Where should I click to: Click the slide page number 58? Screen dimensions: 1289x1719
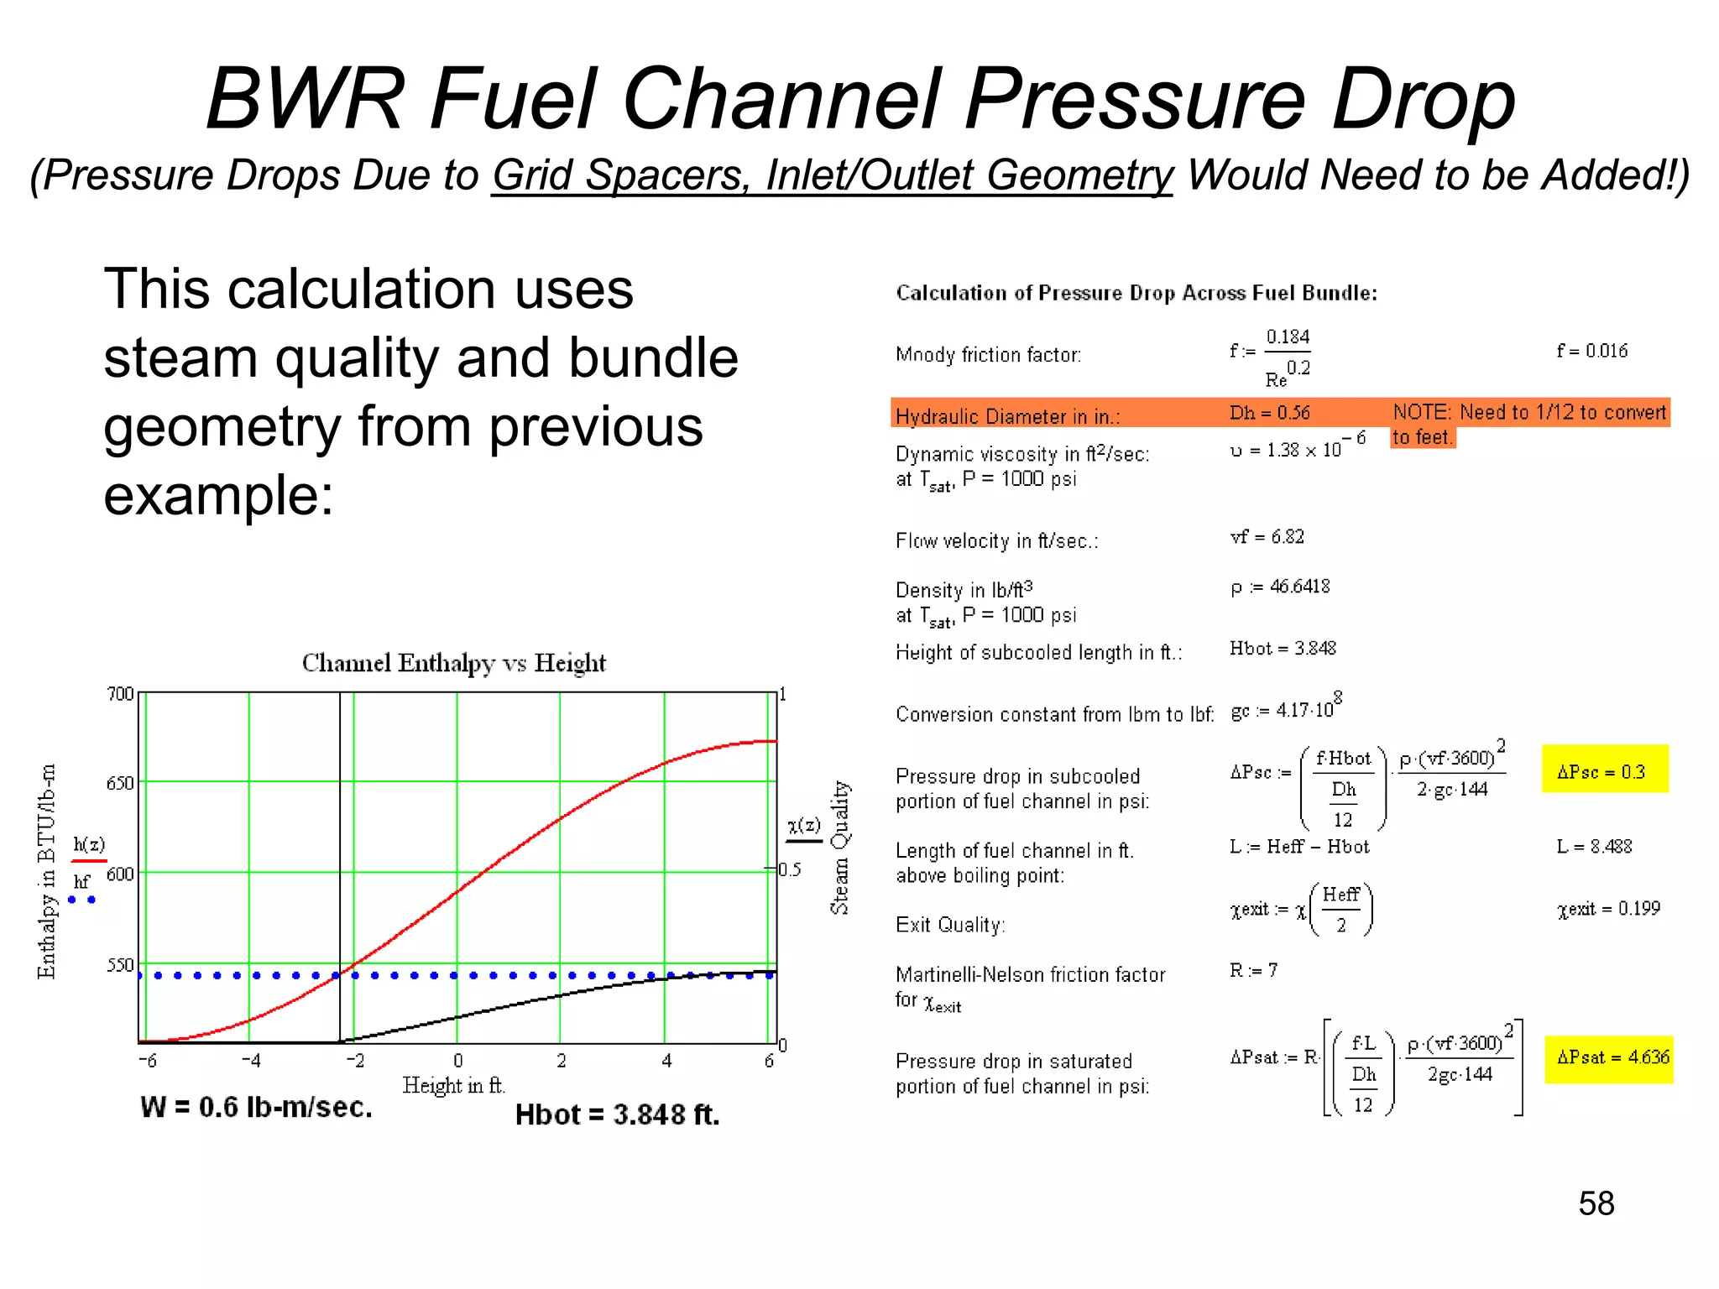point(1596,1203)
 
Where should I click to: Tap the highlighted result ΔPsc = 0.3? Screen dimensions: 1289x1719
point(1601,772)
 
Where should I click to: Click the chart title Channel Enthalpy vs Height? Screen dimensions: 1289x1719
point(453,663)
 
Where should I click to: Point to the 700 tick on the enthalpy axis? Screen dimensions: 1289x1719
point(121,694)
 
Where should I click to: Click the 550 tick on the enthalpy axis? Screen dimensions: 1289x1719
point(121,965)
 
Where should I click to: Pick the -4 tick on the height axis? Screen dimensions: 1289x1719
point(250,1062)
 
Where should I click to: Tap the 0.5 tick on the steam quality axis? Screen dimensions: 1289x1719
point(790,869)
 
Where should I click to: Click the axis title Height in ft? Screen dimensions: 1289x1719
point(453,1086)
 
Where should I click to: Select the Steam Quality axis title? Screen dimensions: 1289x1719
point(839,848)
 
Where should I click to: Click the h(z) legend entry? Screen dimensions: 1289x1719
point(89,845)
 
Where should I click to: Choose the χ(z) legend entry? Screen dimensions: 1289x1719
point(804,825)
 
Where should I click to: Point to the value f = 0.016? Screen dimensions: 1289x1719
point(1591,351)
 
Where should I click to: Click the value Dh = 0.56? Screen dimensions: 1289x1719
point(1269,413)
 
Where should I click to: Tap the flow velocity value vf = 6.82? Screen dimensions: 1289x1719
point(1267,537)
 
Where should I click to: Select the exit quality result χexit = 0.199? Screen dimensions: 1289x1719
point(1608,909)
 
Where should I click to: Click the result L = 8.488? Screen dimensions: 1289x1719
point(1594,847)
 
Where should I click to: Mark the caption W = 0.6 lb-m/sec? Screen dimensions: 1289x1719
point(256,1108)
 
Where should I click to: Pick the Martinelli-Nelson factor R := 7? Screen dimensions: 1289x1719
point(1253,971)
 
